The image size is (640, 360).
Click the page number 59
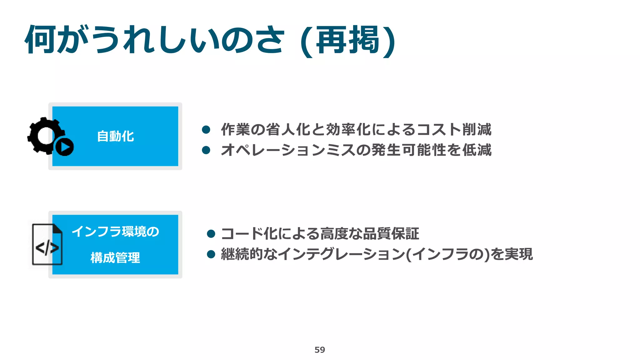click(320, 350)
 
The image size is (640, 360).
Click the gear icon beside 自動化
click(44, 135)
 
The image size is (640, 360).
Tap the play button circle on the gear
click(65, 147)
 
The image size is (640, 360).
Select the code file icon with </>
click(47, 245)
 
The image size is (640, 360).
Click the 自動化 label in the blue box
click(115, 137)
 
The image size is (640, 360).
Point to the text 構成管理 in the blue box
click(115, 258)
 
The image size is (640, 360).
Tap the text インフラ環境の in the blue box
click(115, 232)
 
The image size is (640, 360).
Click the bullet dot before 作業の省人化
click(206, 130)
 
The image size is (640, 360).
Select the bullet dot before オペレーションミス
click(206, 150)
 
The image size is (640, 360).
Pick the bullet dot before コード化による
click(211, 234)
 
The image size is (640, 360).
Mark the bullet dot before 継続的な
click(211, 254)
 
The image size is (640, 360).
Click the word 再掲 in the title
click(347, 40)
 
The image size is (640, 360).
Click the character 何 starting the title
click(41, 40)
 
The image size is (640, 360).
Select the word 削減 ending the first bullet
click(477, 130)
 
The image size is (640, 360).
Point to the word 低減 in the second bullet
click(477, 150)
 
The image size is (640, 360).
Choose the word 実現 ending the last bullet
click(518, 254)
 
